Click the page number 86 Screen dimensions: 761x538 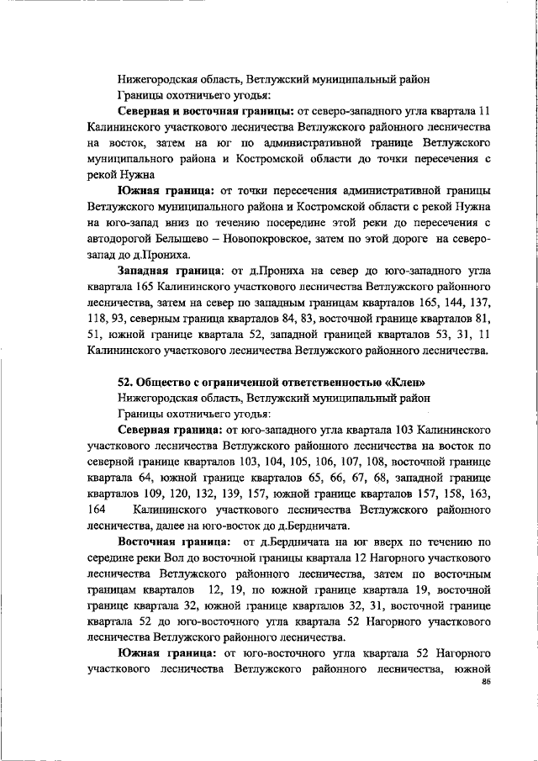(485, 682)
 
